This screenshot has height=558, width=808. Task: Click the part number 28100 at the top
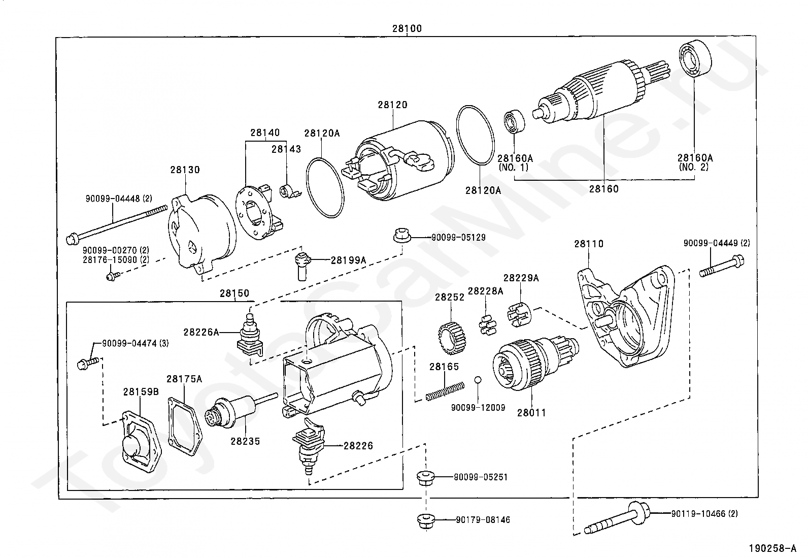coord(407,28)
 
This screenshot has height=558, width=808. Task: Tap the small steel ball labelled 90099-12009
coord(478,380)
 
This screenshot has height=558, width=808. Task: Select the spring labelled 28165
coord(445,391)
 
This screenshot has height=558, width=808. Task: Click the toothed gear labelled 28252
coord(453,339)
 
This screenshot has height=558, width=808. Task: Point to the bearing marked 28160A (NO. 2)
coord(695,59)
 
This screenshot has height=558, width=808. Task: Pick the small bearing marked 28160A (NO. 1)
coord(514,122)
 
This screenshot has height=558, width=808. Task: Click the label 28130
coord(185,170)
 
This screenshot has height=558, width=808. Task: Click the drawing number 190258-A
coord(772,548)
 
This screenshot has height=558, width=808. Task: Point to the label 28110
coord(589,244)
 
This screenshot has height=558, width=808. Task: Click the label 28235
coord(245,441)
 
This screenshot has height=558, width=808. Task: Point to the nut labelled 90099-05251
coord(426,478)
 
